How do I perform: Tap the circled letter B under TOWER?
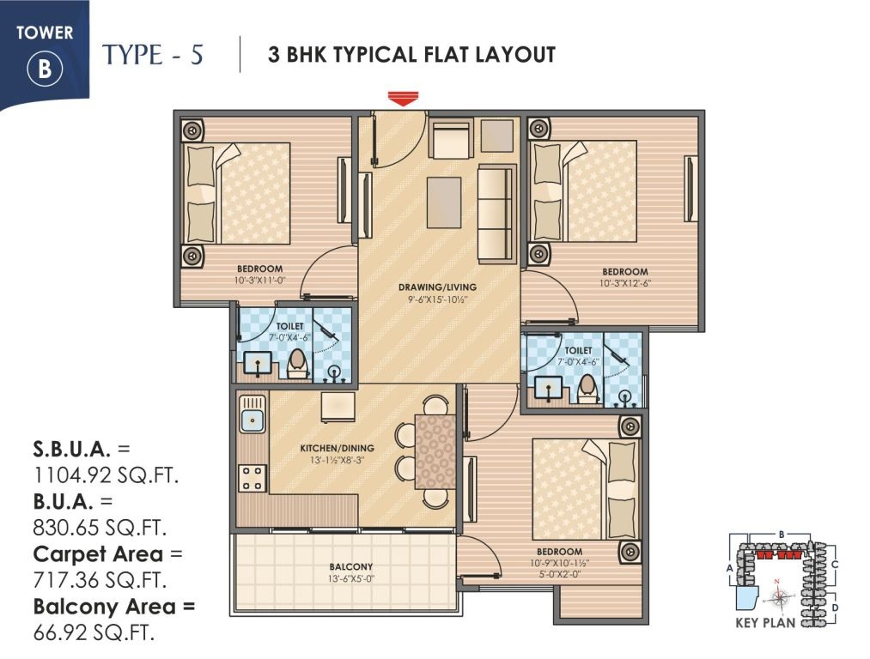[46, 70]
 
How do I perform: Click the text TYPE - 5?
[153, 55]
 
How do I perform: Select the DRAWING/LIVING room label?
[438, 287]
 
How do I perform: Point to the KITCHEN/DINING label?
[337, 448]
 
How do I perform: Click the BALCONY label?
[350, 566]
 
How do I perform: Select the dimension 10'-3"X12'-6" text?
[624, 282]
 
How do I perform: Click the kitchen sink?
[252, 420]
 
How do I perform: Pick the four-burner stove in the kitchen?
[252, 477]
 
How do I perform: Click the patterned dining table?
[435, 450]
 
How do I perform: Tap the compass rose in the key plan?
[778, 597]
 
